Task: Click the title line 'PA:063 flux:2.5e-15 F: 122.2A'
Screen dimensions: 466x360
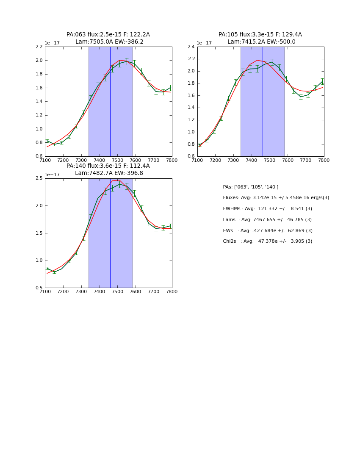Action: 108,35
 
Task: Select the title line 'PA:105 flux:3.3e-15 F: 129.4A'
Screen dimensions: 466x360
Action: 260,35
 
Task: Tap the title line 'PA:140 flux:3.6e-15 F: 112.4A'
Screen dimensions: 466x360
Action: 108,166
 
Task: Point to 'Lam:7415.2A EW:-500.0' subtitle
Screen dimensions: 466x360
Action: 261,42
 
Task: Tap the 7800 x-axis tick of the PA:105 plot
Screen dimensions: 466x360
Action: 324,161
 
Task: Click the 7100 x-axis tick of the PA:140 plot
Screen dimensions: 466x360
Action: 45,292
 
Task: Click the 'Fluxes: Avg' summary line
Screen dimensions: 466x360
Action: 276,198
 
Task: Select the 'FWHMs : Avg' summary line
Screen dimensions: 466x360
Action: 267,209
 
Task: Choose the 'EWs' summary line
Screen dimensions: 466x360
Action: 268,231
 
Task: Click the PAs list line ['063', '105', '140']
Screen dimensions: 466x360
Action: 251,187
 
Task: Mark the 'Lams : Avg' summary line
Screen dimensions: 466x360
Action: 267,220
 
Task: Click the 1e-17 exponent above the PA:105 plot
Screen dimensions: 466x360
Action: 204,43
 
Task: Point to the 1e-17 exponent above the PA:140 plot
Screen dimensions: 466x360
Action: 52,175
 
